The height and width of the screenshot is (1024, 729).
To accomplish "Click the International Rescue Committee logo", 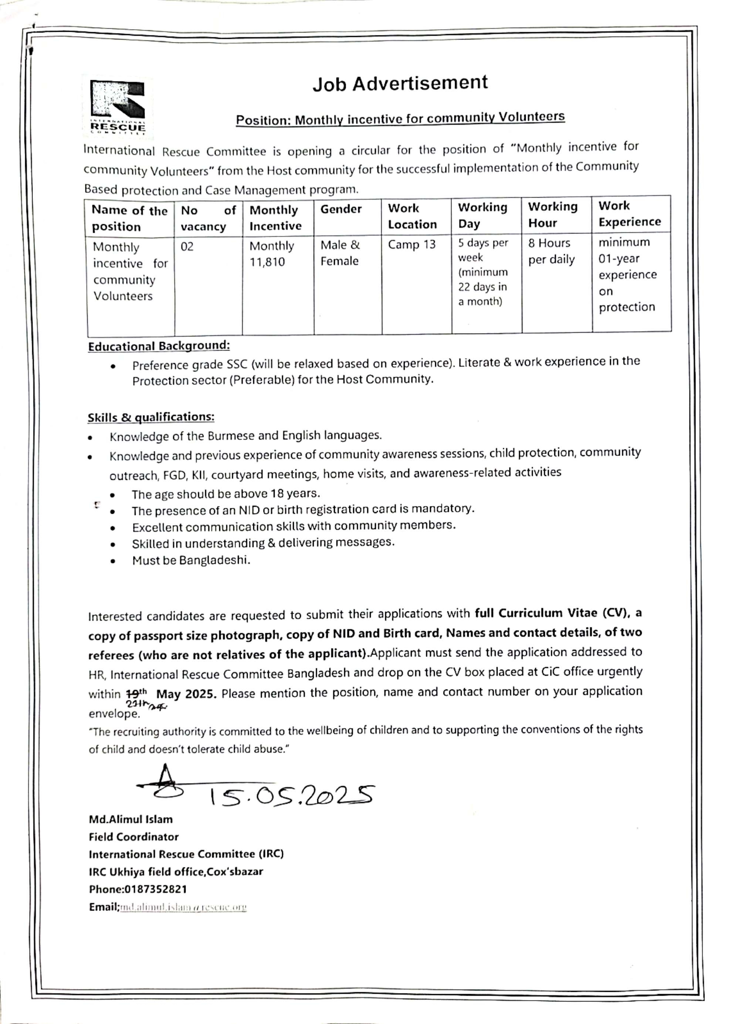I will click(x=118, y=107).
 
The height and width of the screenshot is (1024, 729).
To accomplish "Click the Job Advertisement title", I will click(x=400, y=83).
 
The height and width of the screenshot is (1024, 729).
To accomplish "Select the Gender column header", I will click(x=341, y=209).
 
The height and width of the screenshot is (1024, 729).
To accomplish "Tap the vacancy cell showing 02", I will click(x=187, y=247).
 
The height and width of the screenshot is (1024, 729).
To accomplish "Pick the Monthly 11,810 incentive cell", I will click(x=272, y=254).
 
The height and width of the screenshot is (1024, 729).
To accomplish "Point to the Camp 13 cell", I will click(x=412, y=245).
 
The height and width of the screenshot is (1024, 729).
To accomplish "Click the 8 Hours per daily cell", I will click(x=551, y=251).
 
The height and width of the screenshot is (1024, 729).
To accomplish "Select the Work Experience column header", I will click(x=629, y=214).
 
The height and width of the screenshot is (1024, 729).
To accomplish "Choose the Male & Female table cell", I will click(x=340, y=253).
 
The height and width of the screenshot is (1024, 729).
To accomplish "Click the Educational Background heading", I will click(x=159, y=346).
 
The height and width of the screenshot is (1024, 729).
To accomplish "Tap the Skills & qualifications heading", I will click(x=151, y=417).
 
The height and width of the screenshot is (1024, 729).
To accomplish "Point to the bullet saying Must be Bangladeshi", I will click(x=191, y=560).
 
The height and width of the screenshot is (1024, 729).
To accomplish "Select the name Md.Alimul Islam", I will click(x=130, y=819).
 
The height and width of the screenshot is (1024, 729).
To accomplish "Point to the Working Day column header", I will click(x=482, y=215).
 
